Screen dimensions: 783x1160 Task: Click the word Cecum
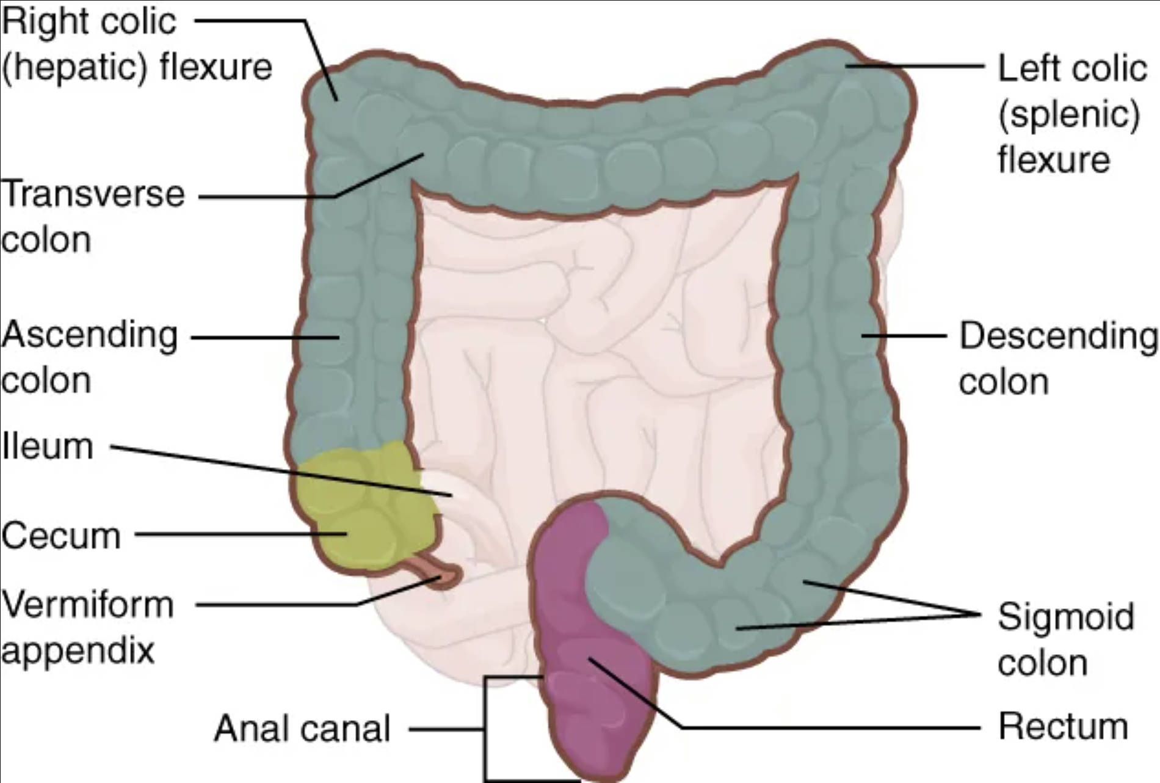(60, 536)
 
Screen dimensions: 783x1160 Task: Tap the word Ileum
(48, 446)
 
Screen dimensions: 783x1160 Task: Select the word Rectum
(1063, 727)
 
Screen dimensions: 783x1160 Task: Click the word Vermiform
(87, 605)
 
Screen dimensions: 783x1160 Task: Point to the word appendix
(78, 650)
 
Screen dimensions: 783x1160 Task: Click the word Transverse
(93, 194)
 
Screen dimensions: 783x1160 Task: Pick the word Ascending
(89, 335)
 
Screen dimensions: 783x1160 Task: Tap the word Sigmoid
(1066, 616)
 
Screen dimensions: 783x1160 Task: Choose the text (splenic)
(1069, 114)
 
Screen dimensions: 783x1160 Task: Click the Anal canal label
(302, 728)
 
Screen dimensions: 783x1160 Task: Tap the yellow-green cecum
(360, 507)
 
